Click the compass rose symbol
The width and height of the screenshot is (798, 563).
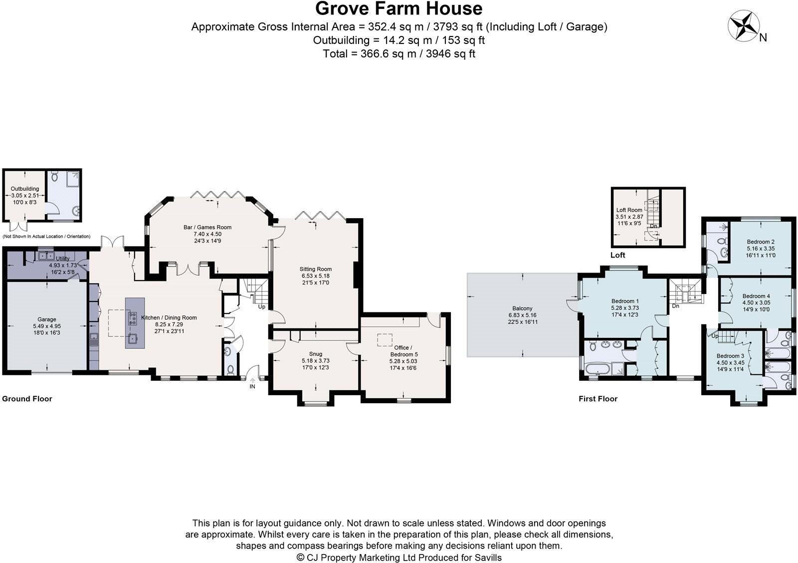coord(743,25)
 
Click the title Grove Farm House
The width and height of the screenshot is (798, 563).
coord(399,9)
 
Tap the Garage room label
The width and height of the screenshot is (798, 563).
coord(47,319)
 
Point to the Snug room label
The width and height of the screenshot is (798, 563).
coord(315,354)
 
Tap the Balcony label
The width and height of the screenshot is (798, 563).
coord(522,308)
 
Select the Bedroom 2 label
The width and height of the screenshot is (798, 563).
coord(761,242)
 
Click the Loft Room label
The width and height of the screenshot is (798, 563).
coord(629,210)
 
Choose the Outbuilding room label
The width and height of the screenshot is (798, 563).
coord(25,189)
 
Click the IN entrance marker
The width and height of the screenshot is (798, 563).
coord(252,386)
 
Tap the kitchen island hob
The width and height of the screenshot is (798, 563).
coord(133,318)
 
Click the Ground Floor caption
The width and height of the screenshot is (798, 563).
coord(27,399)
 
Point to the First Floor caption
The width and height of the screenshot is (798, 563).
coord(598,399)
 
